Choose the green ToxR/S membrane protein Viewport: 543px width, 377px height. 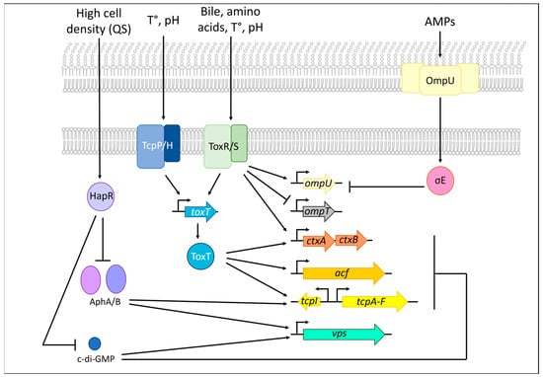pos(224,145)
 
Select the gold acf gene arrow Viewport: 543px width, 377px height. pos(341,268)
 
